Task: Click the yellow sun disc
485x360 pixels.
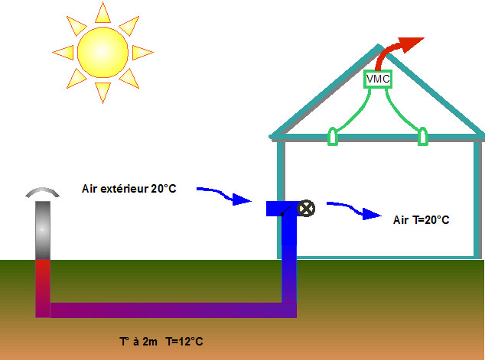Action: [103, 52]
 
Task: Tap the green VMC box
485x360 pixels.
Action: [378, 79]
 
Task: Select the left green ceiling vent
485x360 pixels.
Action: [333, 137]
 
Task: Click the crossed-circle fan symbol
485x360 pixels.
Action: [306, 208]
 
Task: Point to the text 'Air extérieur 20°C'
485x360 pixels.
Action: [129, 188]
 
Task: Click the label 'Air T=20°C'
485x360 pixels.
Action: [421, 219]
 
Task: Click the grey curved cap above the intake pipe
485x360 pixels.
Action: [43, 192]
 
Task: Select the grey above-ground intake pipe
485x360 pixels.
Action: [43, 229]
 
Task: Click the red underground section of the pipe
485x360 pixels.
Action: [43, 283]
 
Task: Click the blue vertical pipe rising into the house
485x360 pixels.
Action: [289, 260]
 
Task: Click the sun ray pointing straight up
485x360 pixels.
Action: [103, 13]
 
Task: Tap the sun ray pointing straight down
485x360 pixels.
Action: [103, 92]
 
